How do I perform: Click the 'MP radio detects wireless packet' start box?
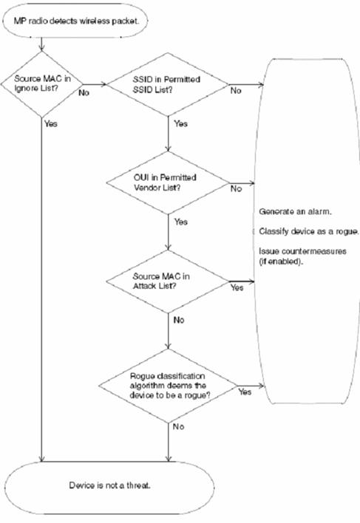click(x=75, y=21)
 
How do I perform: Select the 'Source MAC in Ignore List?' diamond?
click(x=41, y=84)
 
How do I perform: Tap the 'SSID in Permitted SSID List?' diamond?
click(x=168, y=84)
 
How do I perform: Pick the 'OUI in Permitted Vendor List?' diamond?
click(x=168, y=182)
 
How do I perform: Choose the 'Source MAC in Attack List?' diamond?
click(x=168, y=281)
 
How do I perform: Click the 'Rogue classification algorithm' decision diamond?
click(x=168, y=386)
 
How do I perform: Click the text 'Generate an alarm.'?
click(x=295, y=211)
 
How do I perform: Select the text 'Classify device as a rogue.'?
click(x=309, y=231)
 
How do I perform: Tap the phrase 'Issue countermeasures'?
click(x=302, y=251)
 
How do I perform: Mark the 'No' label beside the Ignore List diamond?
click(x=84, y=92)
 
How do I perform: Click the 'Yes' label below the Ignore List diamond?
click(x=51, y=124)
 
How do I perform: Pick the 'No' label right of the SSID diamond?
click(x=236, y=90)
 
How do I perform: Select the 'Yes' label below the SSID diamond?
click(x=181, y=124)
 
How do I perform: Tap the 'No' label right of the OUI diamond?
click(x=236, y=189)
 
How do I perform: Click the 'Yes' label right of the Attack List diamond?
click(x=237, y=287)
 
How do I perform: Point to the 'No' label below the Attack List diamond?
click(x=179, y=320)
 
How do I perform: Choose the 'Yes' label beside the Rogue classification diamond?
click(x=245, y=392)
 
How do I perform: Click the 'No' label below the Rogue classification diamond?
click(x=178, y=427)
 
